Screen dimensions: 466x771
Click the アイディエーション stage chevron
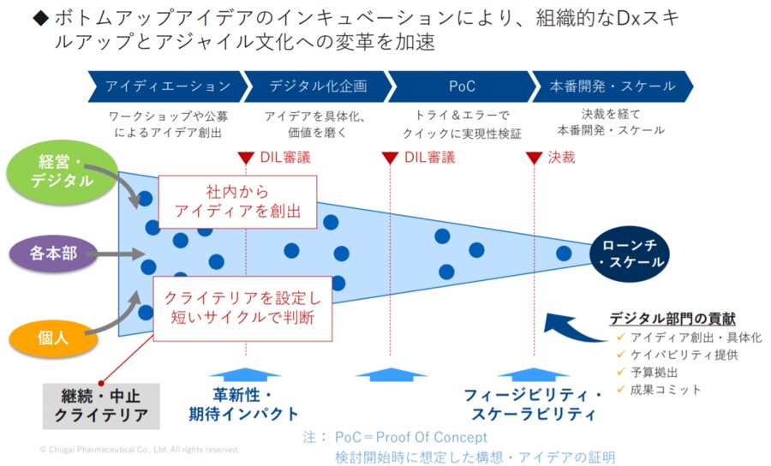pos(167,87)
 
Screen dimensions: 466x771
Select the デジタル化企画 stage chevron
pos(318,87)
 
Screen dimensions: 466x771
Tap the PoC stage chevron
pos(462,87)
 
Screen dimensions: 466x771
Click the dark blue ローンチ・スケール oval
pos(631,253)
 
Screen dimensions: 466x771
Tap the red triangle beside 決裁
pos(534,158)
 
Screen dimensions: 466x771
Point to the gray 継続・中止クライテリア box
pos(102,405)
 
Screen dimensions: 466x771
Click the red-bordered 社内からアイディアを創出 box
pos(237,202)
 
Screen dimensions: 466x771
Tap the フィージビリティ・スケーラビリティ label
pos(534,404)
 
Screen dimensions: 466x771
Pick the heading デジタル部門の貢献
pos(672,318)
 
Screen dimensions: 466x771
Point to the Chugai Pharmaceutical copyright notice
pos(140,449)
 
